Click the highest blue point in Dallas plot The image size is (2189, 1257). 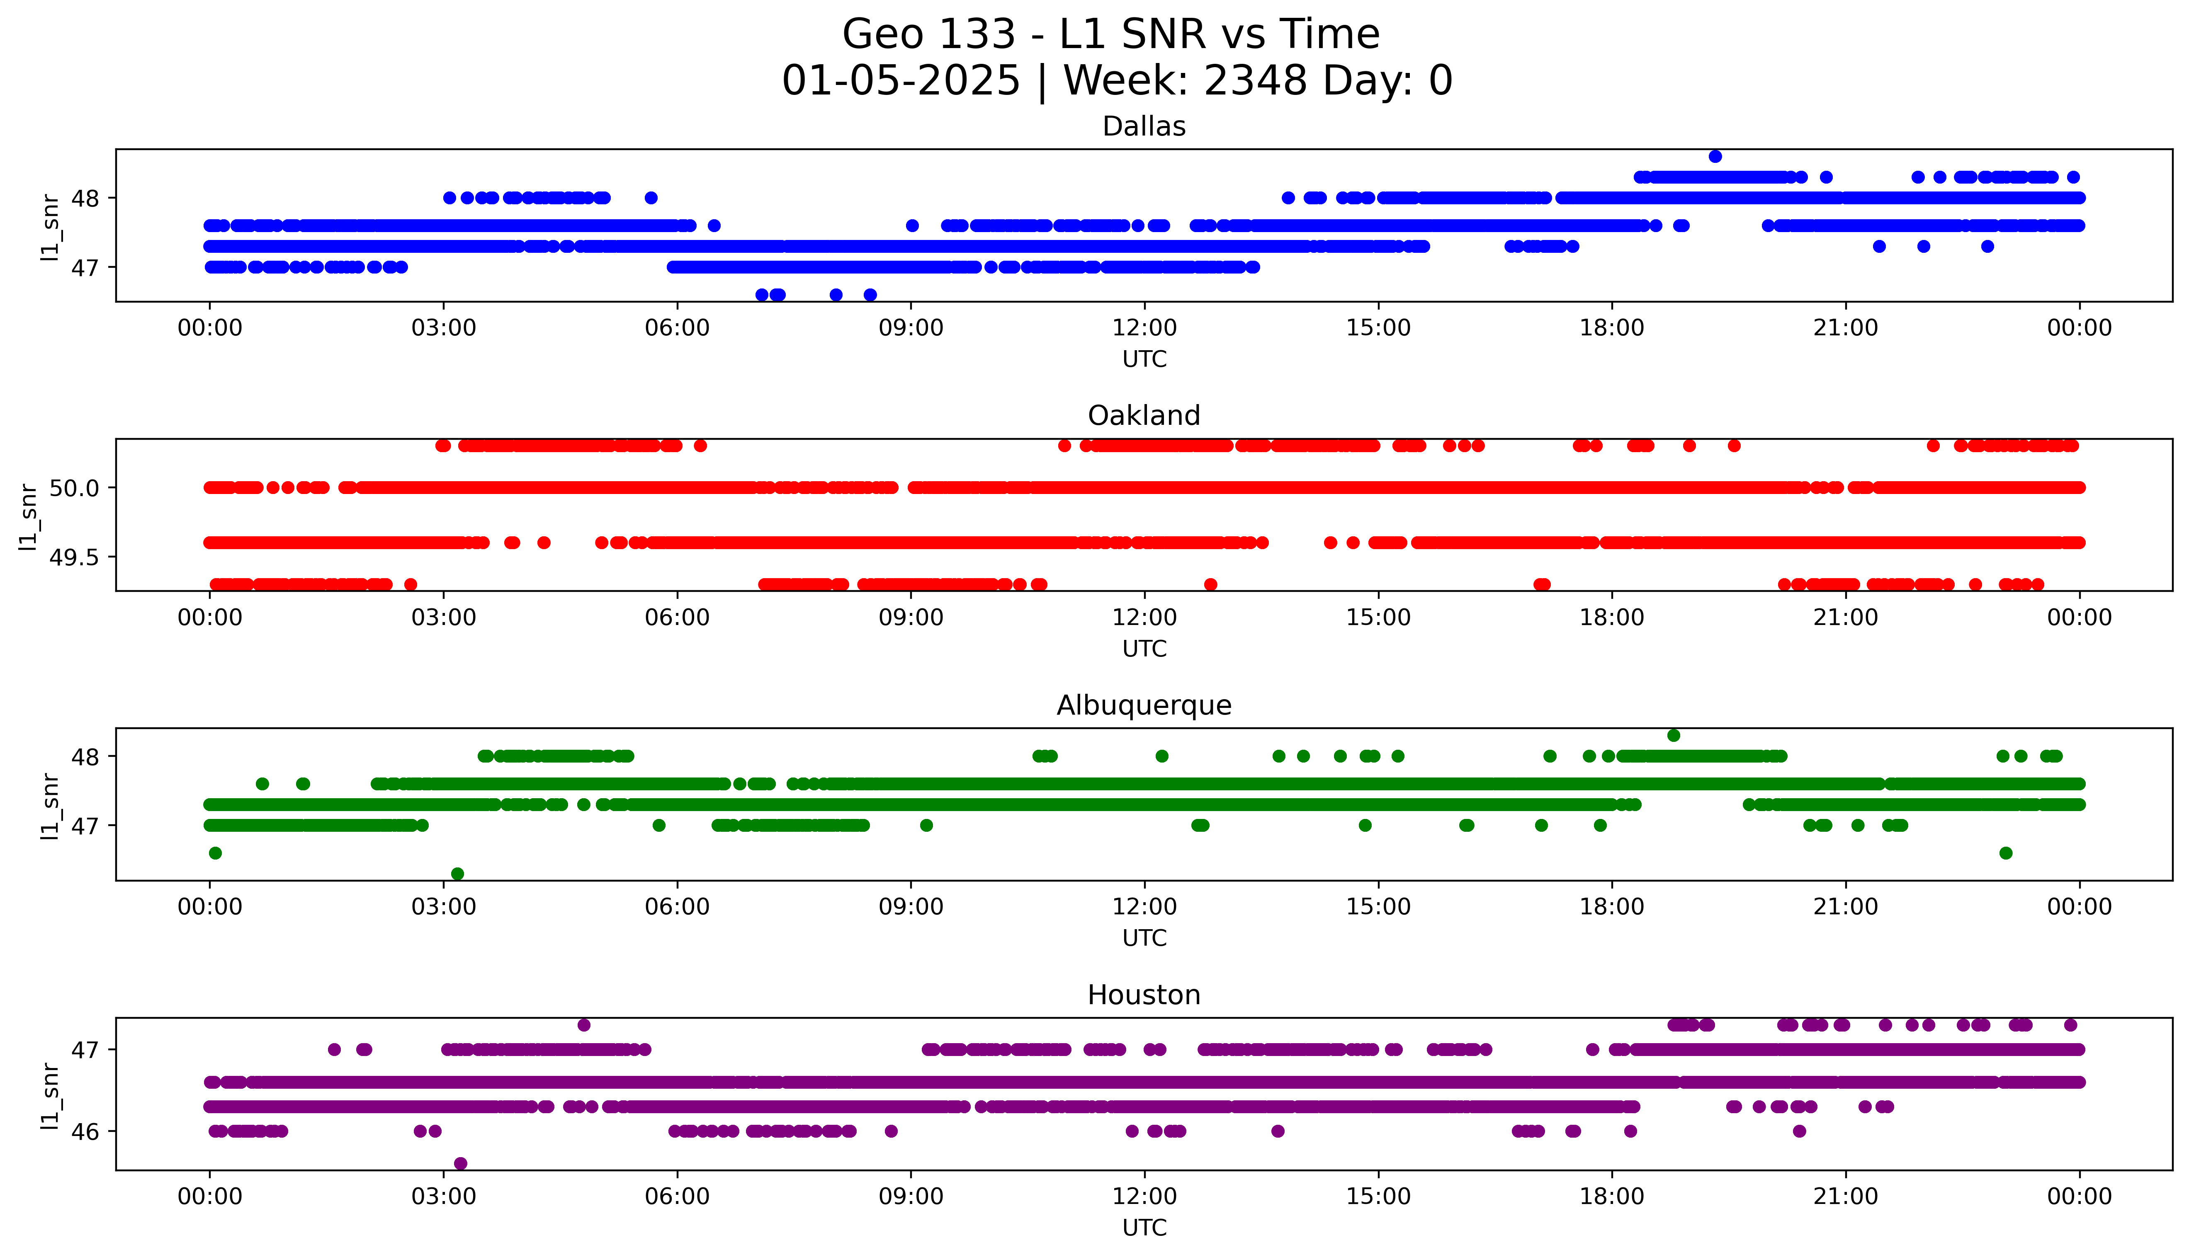[1715, 156]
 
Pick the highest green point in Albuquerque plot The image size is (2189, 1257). [1674, 736]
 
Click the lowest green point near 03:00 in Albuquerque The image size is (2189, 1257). [458, 874]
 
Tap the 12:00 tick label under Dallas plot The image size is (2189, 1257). [1144, 328]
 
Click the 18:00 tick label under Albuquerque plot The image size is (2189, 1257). [1611, 907]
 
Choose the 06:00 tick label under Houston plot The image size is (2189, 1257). [677, 1196]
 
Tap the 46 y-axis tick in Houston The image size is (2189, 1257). [85, 1132]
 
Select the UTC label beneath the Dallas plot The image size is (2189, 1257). [1144, 359]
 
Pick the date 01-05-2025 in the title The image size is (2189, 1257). [901, 81]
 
